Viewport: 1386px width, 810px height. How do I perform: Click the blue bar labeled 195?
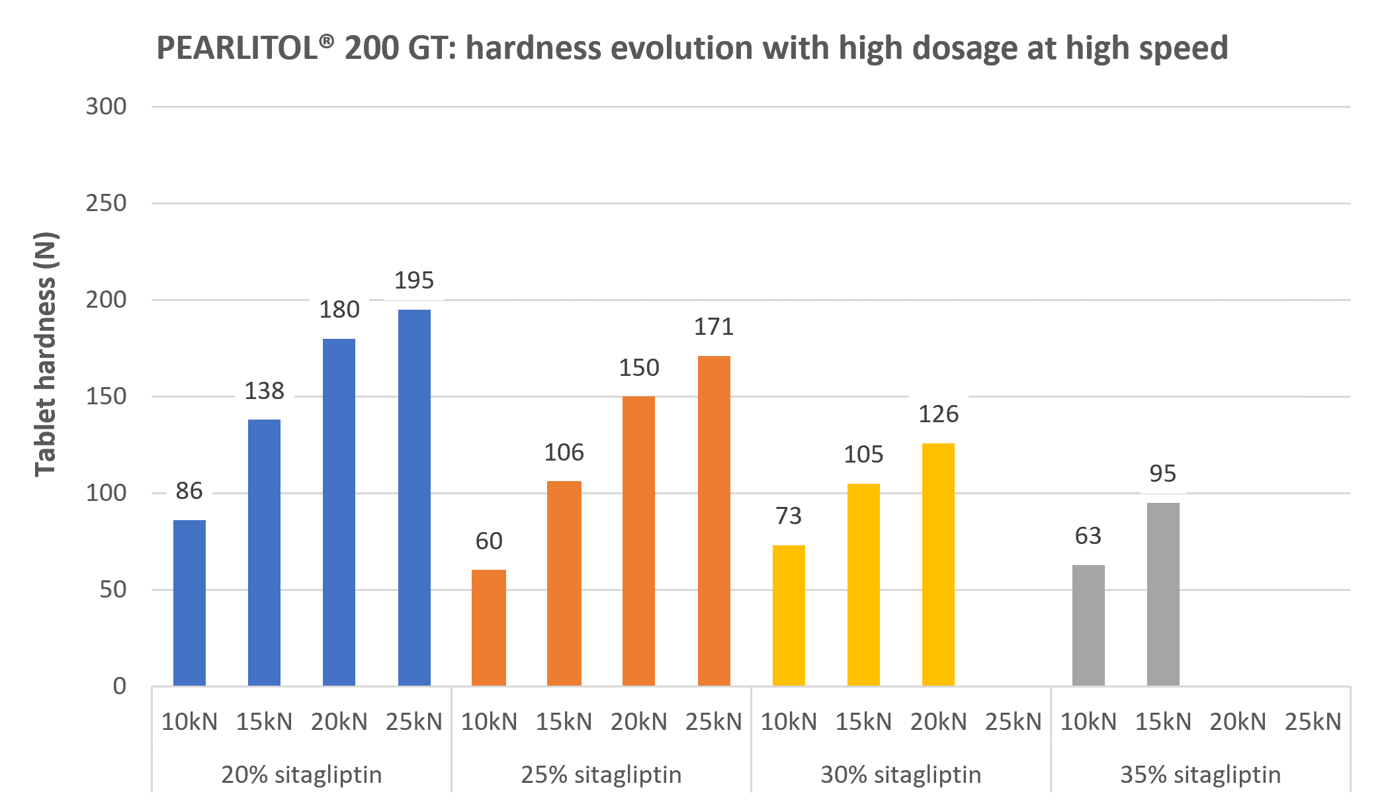click(414, 496)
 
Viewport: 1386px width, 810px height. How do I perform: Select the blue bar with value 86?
click(189, 602)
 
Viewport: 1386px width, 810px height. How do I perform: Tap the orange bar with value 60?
click(489, 627)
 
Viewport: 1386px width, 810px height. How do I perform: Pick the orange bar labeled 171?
click(714, 520)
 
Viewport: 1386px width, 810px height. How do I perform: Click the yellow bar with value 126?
click(938, 564)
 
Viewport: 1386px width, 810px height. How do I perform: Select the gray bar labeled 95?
click(1163, 594)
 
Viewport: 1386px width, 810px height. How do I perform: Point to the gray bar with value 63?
click(1088, 625)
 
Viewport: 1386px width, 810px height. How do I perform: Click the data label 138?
click(264, 391)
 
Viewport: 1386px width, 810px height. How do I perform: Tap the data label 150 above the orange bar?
click(639, 368)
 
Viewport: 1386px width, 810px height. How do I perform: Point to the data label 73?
click(789, 516)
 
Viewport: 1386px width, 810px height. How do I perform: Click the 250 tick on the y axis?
click(106, 203)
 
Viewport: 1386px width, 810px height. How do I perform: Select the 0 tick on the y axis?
click(119, 686)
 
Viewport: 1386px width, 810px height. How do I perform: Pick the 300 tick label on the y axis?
click(106, 107)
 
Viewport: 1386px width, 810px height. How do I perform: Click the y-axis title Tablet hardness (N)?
click(46, 354)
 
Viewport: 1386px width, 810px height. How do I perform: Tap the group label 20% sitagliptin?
click(302, 774)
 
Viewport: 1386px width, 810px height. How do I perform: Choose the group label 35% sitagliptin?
click(1200, 774)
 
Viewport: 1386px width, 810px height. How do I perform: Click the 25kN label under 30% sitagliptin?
click(1013, 721)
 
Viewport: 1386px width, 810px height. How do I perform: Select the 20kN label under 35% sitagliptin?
click(1238, 721)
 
